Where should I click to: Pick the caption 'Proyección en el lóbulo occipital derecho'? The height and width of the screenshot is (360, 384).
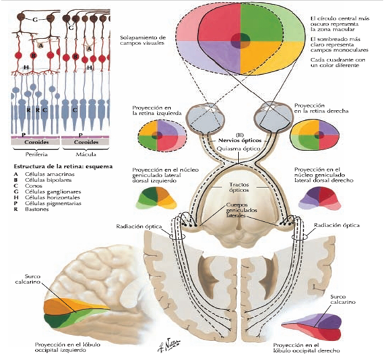pyautogui.click(x=313, y=346)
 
